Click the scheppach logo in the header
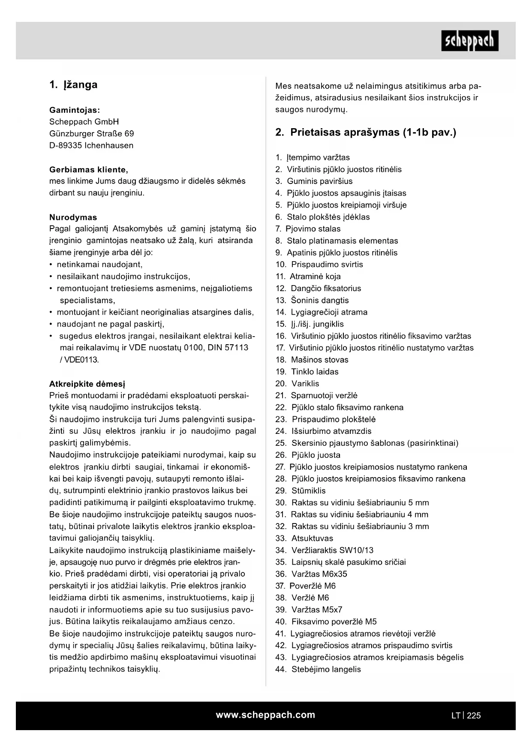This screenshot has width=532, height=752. click(x=470, y=41)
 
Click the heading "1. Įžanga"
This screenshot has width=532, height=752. click(x=73, y=85)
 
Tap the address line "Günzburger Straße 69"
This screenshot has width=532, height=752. click(x=91, y=134)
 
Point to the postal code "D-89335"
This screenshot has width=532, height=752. click(x=66, y=145)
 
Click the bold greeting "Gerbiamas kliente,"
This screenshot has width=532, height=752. click(x=89, y=169)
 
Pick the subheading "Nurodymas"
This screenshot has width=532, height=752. click(x=73, y=217)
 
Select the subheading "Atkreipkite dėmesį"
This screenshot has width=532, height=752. click(x=87, y=384)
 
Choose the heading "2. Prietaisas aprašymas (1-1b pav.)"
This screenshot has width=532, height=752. click(x=366, y=132)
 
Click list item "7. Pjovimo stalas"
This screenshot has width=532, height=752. click(x=308, y=229)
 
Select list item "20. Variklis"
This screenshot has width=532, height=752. click(x=297, y=384)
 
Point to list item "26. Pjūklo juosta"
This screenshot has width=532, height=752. click(x=308, y=455)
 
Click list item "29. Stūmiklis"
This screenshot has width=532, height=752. click(x=301, y=491)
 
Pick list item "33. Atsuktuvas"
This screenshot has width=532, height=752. click(x=304, y=538)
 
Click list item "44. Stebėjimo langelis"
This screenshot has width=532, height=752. click(x=318, y=669)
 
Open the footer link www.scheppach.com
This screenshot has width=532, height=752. click(x=265, y=715)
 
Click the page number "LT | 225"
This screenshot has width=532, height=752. click(x=466, y=715)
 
